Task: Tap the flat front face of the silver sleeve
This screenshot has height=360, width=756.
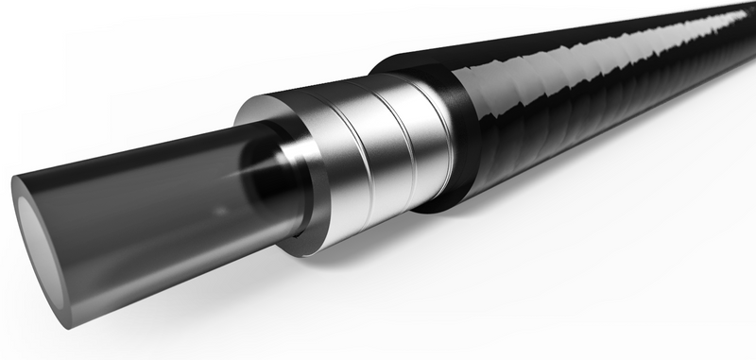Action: click(283, 123)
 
